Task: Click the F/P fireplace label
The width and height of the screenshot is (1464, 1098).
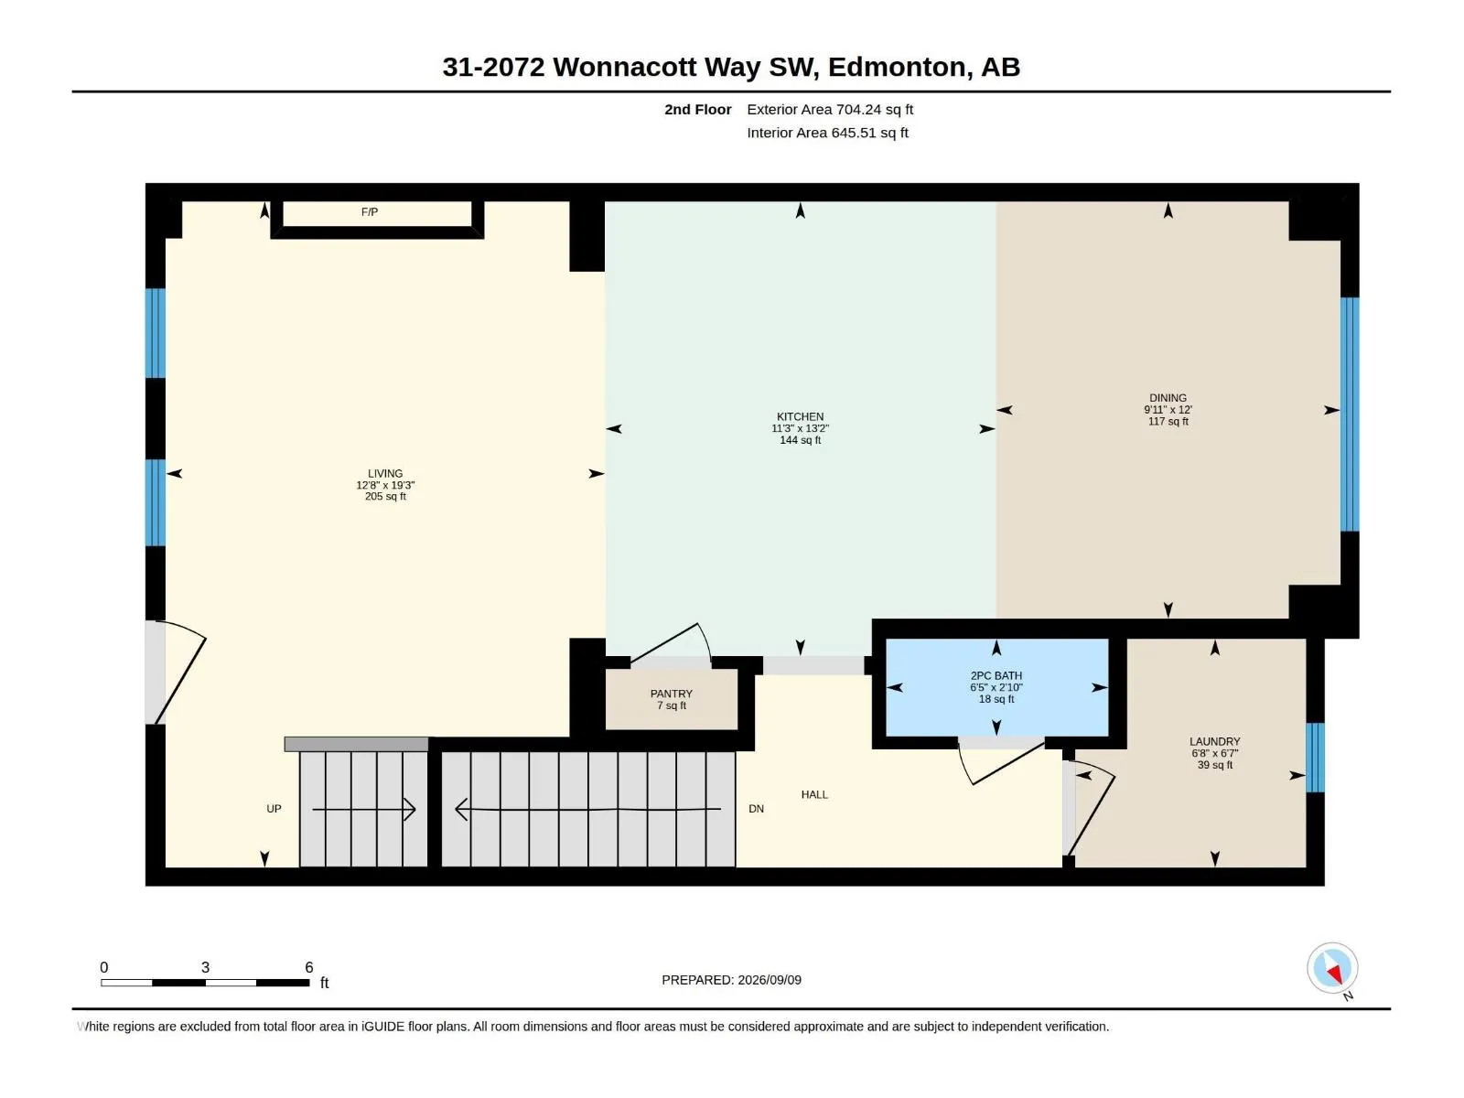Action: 369,212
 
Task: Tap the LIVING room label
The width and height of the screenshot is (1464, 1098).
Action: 385,473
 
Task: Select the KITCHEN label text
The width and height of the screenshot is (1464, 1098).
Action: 800,416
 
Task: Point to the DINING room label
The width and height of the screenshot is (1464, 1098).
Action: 1168,398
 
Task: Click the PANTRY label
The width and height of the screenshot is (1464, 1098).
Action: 671,694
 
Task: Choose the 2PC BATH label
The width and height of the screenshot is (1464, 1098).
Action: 996,676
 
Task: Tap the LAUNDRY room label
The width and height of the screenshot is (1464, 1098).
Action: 1214,741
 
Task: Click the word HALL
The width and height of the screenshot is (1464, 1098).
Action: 813,794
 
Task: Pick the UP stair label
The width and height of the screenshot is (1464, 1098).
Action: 274,809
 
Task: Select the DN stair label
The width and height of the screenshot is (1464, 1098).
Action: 756,809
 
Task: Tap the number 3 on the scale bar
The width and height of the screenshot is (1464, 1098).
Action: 205,966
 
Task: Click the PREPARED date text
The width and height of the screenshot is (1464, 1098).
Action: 731,980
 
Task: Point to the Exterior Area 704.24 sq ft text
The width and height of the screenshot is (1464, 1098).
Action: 829,109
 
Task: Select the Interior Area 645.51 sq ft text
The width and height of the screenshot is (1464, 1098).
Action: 827,133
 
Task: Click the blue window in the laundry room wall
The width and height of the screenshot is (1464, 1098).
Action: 1314,758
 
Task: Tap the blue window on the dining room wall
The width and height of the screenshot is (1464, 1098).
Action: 1349,414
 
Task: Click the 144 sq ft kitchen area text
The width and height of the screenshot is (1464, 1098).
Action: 800,440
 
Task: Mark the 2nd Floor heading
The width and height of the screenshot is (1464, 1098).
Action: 697,109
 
